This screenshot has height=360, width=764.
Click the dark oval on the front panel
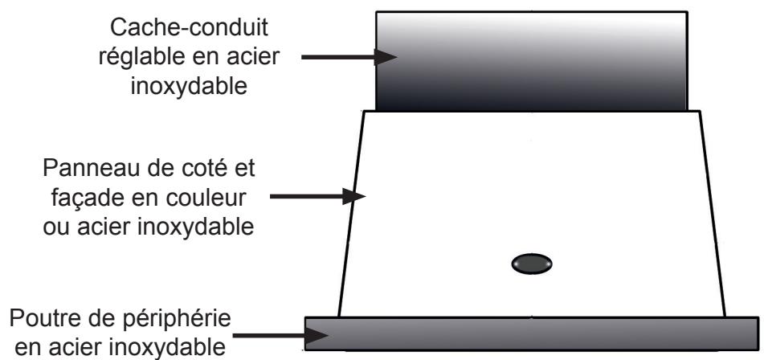pos(531,263)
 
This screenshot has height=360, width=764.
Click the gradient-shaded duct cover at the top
pos(533,60)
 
